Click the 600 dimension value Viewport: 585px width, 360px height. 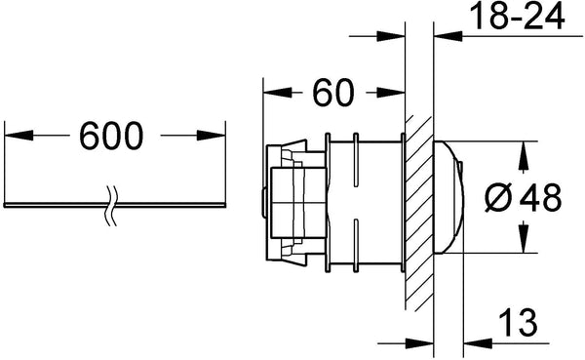click(x=111, y=136)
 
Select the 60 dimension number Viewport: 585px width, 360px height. click(x=332, y=93)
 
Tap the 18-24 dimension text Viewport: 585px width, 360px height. click(x=517, y=16)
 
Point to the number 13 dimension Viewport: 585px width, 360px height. click(x=518, y=322)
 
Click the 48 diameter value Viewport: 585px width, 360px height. click(x=540, y=197)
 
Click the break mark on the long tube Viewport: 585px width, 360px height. click(x=111, y=205)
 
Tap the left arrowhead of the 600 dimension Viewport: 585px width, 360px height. click(x=19, y=136)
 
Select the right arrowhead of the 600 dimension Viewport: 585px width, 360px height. click(x=212, y=136)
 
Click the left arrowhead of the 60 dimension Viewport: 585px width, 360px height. click(x=278, y=93)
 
